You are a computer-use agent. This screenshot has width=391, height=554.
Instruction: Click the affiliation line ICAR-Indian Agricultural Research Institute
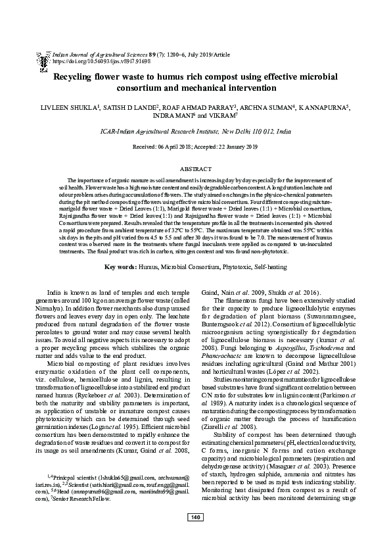coord(195,132)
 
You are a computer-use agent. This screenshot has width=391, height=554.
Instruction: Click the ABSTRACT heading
coord(195,169)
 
